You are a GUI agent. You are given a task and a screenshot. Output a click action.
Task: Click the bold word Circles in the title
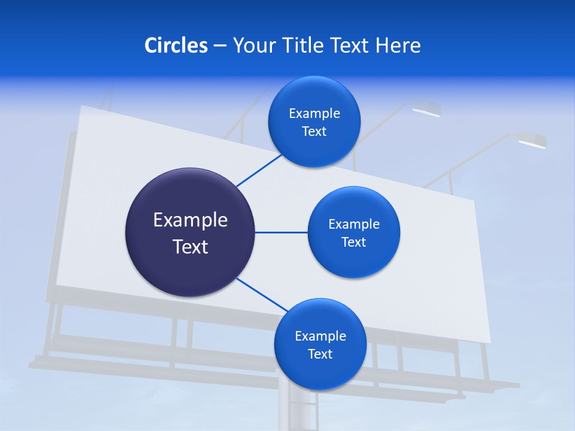click(176, 45)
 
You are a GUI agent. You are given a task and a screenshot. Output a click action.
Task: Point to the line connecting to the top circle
click(259, 170)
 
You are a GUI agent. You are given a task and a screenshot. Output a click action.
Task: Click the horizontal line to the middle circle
click(281, 232)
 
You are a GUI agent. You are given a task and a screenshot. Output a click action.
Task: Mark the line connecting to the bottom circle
click(262, 295)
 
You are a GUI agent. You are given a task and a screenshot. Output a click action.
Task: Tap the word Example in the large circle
click(190, 220)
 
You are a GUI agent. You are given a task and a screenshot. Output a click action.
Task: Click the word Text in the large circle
click(190, 247)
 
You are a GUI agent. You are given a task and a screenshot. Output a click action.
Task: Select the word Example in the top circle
click(314, 114)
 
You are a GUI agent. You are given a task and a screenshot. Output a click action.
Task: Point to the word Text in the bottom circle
click(320, 354)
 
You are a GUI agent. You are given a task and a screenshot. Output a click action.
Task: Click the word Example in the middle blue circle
click(354, 224)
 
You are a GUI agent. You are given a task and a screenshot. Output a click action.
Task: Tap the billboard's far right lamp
click(532, 141)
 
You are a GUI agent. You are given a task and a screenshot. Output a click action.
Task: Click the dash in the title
click(220, 46)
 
